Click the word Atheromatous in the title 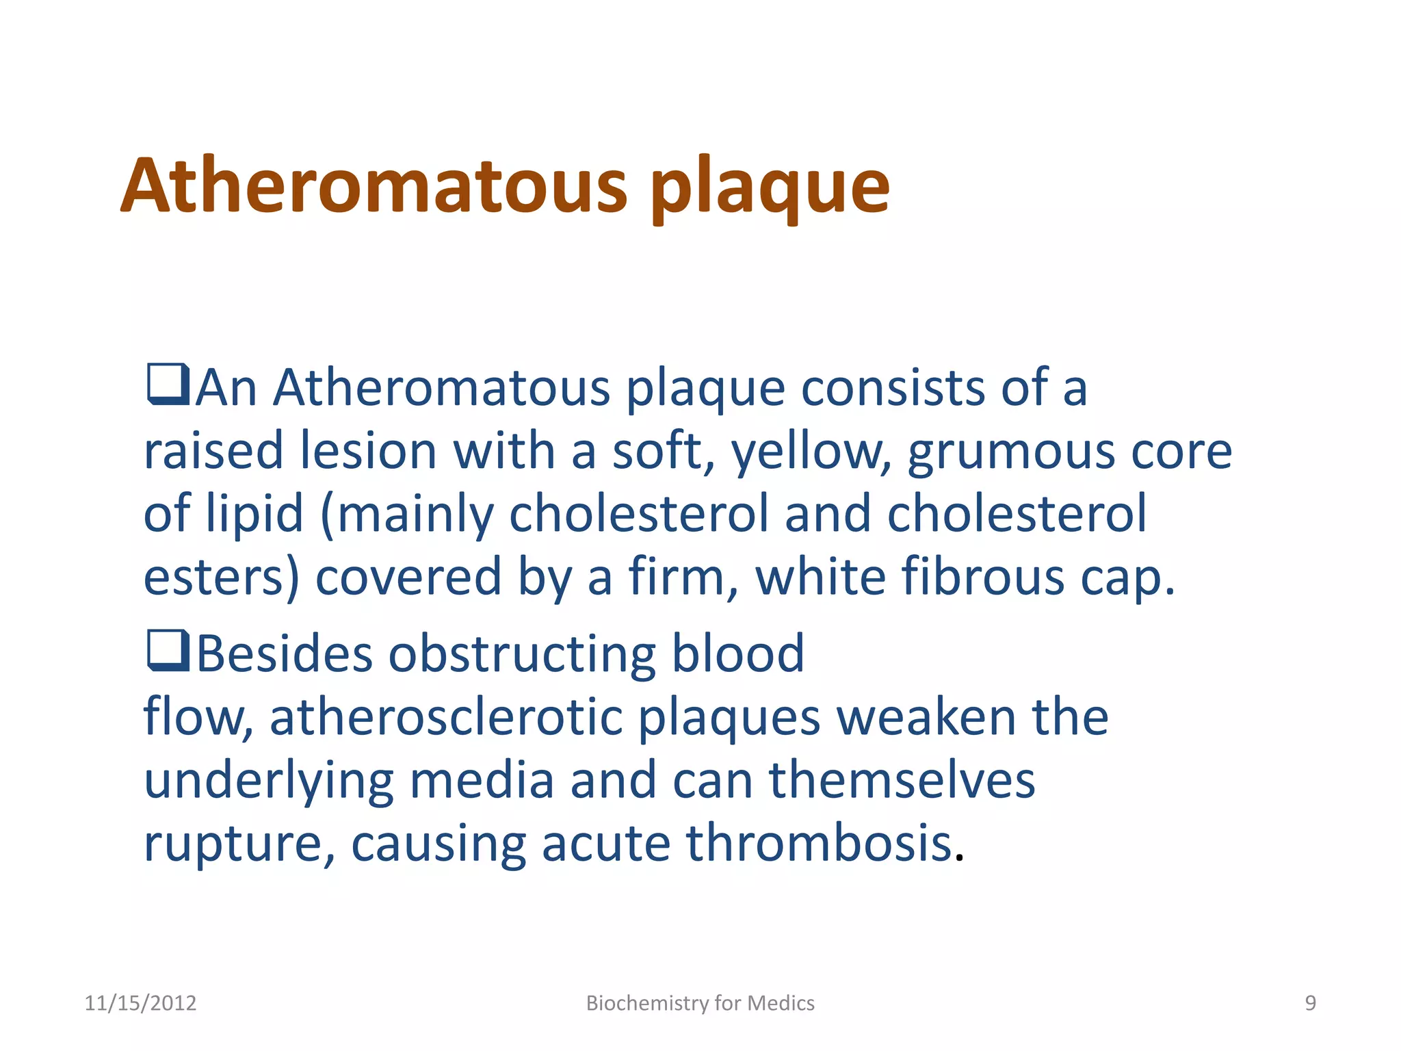[x=374, y=186]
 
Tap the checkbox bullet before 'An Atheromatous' [x=168, y=385]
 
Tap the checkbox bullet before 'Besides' [x=168, y=651]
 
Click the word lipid [x=254, y=515]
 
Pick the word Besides [x=285, y=653]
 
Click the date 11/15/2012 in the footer [x=140, y=1003]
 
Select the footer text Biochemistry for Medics [x=700, y=1003]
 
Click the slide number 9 [x=1310, y=1003]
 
